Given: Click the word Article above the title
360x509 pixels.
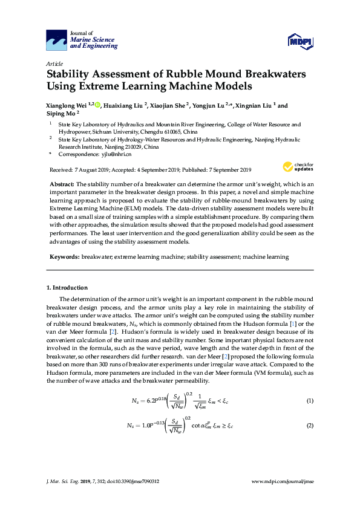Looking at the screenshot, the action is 54,63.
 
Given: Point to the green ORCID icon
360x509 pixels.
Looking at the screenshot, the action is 97,105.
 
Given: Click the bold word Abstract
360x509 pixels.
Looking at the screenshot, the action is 62,183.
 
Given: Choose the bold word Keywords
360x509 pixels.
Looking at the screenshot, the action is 64,257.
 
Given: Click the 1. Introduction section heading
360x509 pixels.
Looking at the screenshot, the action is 67,287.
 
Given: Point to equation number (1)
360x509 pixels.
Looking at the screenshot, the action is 310,401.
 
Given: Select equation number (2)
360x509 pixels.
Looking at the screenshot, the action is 310,426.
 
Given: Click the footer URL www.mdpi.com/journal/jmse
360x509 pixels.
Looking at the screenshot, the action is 282,481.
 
